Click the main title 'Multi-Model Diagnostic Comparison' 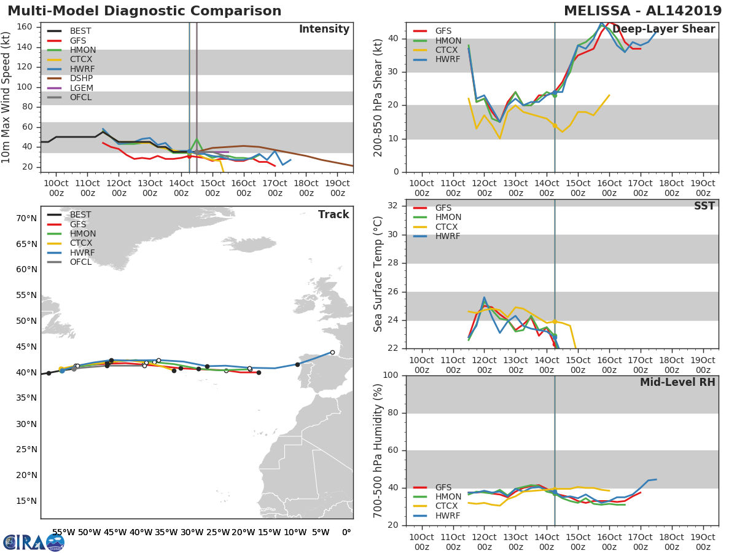pos(144,11)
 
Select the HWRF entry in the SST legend pos(448,237)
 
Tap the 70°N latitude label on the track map pos(26,218)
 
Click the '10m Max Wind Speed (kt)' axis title pos(7,96)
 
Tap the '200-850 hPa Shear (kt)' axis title pos(378,97)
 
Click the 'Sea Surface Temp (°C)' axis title pos(378,273)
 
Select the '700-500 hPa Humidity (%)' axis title pos(378,450)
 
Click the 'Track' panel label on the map pos(333,214)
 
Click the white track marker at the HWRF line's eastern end pos(332,352)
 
